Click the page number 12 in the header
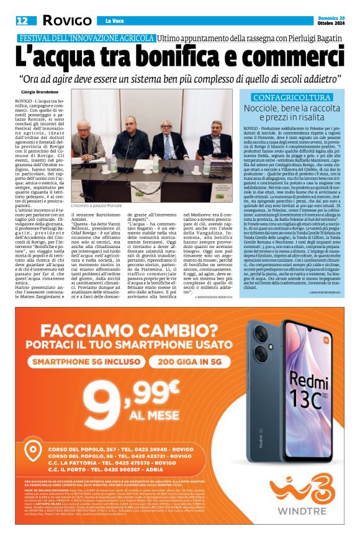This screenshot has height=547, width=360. point(22,20)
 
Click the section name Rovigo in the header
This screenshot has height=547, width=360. point(63,21)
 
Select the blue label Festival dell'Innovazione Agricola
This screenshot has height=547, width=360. point(86,39)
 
